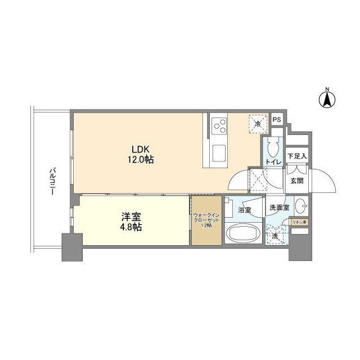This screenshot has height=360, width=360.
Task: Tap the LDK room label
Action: point(141,149)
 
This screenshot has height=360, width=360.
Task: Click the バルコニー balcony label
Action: point(51,181)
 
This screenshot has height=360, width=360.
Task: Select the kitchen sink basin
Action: point(218,151)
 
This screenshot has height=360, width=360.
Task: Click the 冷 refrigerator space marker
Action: point(258,123)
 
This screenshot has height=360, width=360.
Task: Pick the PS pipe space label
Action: point(276,119)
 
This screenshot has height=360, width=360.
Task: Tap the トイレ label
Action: point(273,162)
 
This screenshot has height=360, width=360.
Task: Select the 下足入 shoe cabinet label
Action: point(296,156)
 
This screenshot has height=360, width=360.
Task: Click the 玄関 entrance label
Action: point(296,181)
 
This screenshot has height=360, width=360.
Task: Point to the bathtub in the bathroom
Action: point(241,233)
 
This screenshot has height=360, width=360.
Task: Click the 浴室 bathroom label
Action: point(245,210)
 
